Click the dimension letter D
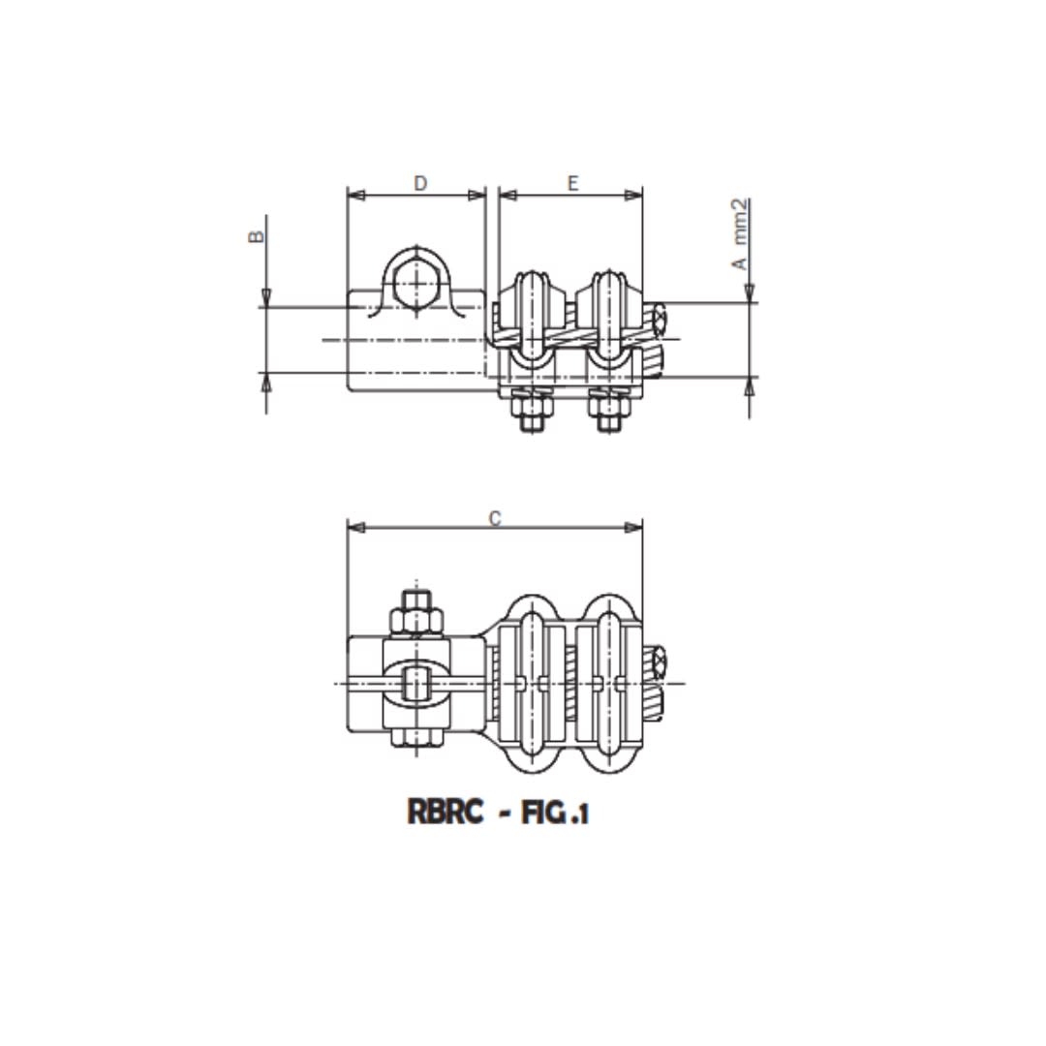419,183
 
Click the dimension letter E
572,183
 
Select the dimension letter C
495,518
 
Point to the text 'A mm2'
740,233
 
